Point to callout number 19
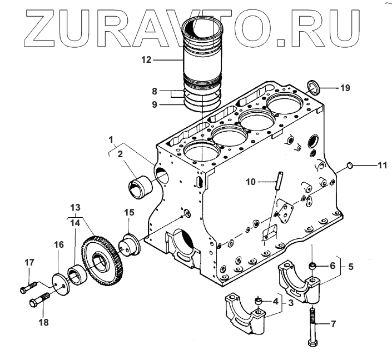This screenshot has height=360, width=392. pos(344,88)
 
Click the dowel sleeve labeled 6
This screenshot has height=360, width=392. pos(314,268)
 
